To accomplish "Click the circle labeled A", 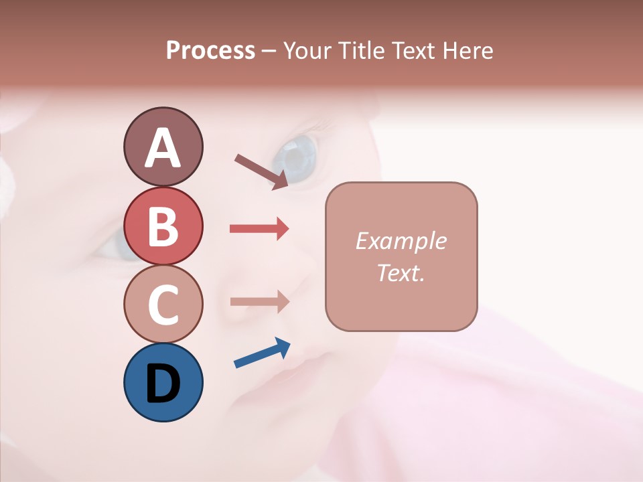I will tap(163, 147).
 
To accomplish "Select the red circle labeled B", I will tap(163, 226).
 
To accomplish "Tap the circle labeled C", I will tap(163, 304).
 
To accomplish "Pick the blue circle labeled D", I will tap(163, 382).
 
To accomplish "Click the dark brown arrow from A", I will tap(261, 171).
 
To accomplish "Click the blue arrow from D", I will tap(262, 353).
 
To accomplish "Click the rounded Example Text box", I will tap(401, 256).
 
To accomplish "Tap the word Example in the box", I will tap(401, 241).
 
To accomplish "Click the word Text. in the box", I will tap(401, 272).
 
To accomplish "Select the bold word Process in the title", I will tap(210, 50).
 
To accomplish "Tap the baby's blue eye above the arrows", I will tap(295, 156).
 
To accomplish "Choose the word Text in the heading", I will tap(413, 50).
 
